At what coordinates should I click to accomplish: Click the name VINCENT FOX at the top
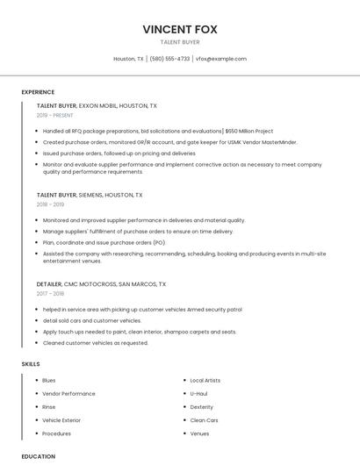click(180, 28)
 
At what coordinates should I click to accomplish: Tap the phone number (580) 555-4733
click(169, 59)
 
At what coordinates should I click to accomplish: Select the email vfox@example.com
click(221, 59)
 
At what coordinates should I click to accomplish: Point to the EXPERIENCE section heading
click(38, 92)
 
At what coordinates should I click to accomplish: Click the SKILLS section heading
click(31, 363)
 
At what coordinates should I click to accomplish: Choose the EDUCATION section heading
click(38, 456)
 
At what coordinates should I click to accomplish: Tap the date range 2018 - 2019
click(50, 204)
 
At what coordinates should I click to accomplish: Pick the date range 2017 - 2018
click(50, 294)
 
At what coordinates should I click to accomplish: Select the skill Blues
click(49, 380)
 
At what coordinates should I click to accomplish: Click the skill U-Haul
click(198, 394)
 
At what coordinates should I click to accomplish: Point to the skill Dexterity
click(202, 407)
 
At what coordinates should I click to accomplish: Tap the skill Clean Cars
click(204, 420)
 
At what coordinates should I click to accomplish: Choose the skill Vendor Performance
click(68, 394)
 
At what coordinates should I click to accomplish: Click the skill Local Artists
click(206, 380)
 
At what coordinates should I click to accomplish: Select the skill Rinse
click(49, 407)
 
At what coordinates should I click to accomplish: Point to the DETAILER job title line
click(101, 284)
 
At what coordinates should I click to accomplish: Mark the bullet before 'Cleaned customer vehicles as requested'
click(37, 343)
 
